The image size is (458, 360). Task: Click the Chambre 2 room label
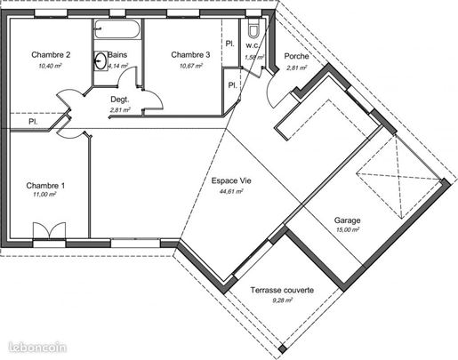[x=51, y=55]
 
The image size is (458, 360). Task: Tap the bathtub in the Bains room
[x=117, y=29]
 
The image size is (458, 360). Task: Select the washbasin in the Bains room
[x=100, y=60]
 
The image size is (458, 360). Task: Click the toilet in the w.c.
[x=253, y=28]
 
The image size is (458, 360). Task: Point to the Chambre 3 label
[x=190, y=55]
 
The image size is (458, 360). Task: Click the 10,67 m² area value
[x=191, y=66]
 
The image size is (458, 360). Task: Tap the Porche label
[x=296, y=56]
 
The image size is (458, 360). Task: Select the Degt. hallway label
[x=120, y=100]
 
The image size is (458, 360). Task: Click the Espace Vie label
[x=231, y=180]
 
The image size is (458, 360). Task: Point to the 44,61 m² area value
[x=231, y=191]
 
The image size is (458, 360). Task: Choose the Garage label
[x=347, y=220]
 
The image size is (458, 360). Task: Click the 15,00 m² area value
[x=348, y=229]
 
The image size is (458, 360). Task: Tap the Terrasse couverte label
[x=282, y=290]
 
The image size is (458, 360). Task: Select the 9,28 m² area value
[x=282, y=300]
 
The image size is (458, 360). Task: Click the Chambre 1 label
[x=45, y=186]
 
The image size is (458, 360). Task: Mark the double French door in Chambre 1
[x=49, y=230]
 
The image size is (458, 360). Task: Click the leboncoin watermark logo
[x=37, y=348]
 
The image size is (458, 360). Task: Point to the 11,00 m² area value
[x=45, y=195]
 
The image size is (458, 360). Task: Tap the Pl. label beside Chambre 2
[x=33, y=122]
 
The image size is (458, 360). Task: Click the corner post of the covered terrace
[x=283, y=349]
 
